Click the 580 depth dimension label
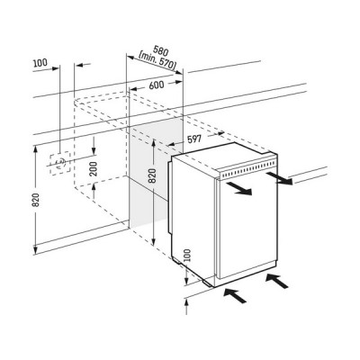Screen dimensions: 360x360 [x=161, y=49]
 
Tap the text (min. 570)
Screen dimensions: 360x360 [x=157, y=60]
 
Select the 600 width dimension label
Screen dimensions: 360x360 [x=157, y=85]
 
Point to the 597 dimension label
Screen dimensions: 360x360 [x=194, y=139]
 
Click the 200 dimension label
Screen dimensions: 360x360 [x=94, y=169]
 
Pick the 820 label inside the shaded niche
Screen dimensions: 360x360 [x=153, y=176]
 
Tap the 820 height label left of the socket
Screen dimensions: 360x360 [x=36, y=200]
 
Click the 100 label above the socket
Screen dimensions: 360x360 [x=40, y=63]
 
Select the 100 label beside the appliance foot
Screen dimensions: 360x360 [x=187, y=256]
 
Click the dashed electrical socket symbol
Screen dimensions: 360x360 [x=60, y=163]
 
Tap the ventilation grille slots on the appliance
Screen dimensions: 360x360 [x=248, y=169]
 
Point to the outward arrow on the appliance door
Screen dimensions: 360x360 [x=238, y=188]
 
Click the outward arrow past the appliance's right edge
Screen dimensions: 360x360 [x=278, y=177]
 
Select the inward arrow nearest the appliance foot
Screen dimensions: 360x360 [x=235, y=294]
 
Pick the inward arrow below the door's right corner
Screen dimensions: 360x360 [x=277, y=281]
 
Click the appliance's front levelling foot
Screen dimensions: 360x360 [x=207, y=283]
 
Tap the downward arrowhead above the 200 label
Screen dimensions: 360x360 [x=94, y=151]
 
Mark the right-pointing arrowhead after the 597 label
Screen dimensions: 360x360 [x=220, y=133]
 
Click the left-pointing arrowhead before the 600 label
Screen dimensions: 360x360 [x=133, y=89]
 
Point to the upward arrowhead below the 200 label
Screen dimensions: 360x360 [x=94, y=188]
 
